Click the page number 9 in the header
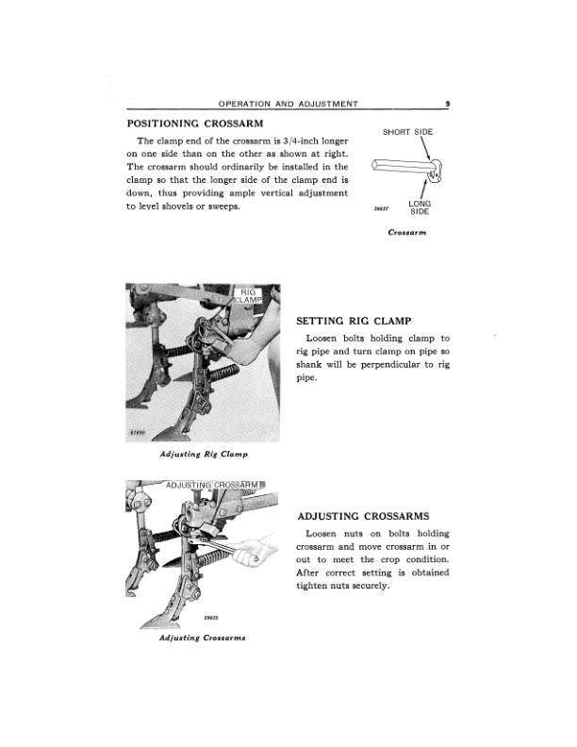(448, 103)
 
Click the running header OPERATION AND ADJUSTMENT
(288, 104)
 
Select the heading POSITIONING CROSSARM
(195, 124)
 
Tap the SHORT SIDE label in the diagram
(407, 132)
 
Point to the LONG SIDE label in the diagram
(420, 207)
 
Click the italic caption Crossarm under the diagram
(407, 232)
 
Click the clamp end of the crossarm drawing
(435, 172)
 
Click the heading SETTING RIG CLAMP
(354, 321)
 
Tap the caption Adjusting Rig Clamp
(204, 455)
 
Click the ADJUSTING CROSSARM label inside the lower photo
(212, 485)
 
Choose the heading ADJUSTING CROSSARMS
(363, 517)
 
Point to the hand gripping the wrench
(250, 553)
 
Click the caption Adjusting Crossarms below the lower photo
(203, 638)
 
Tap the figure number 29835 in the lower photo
(211, 618)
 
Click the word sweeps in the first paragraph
(223, 207)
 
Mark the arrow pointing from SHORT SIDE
(425, 149)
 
